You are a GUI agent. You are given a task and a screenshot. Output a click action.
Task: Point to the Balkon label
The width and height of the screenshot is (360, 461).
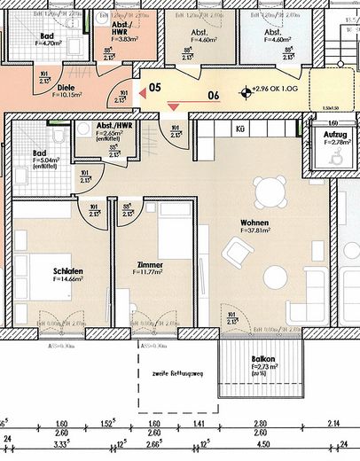click(262, 359)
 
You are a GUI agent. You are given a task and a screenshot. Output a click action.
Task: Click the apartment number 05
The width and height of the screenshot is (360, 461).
click(153, 88)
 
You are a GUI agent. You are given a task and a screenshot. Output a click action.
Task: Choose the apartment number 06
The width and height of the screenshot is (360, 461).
click(212, 98)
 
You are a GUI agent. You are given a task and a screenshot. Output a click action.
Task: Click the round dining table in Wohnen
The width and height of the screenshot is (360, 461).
click(268, 191)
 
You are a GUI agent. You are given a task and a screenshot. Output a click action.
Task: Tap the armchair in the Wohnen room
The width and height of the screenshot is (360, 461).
click(236, 256)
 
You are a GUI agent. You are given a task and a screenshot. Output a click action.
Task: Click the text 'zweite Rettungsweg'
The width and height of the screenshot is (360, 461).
click(178, 372)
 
